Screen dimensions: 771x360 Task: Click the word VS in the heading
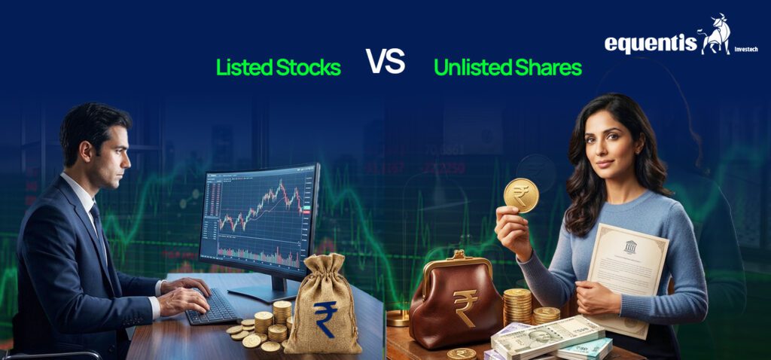point(385,61)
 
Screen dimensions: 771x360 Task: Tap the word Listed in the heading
point(244,68)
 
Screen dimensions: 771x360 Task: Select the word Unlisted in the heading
point(466,68)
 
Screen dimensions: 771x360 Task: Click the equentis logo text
point(651,44)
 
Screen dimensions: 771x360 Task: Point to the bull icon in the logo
point(715,35)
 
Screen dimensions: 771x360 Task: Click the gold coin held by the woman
point(521,195)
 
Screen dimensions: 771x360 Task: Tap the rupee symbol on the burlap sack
point(325,319)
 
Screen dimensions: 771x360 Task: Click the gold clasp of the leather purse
point(459,257)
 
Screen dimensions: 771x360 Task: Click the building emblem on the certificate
point(630,247)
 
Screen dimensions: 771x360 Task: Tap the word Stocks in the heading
point(308,68)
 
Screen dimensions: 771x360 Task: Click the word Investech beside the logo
point(746,49)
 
